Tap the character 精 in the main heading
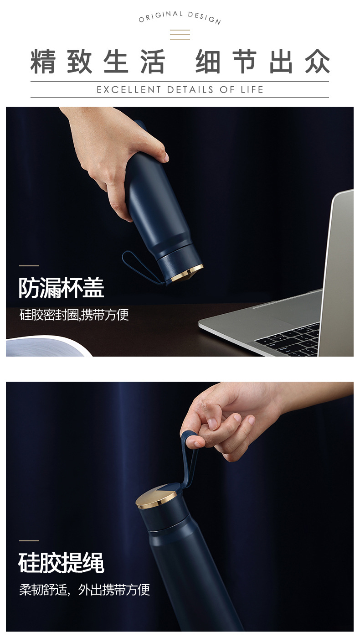(x=43, y=62)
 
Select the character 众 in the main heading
(x=318, y=62)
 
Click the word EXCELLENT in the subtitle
(x=129, y=89)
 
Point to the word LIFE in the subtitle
(x=252, y=89)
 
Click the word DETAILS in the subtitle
(x=190, y=89)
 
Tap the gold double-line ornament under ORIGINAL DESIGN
(x=180, y=35)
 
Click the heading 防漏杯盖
(x=62, y=288)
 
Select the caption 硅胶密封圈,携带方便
(x=74, y=315)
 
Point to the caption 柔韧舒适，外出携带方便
(x=85, y=590)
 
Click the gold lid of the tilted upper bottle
(x=187, y=274)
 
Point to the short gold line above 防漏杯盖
(x=29, y=266)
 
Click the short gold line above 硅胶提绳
(x=29, y=541)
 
